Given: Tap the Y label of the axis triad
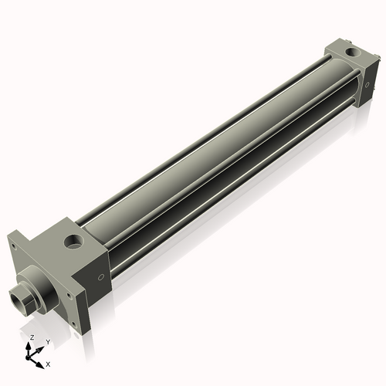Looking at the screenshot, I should (47, 342).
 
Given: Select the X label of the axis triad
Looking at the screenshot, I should (48, 363).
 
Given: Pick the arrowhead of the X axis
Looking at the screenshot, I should (41, 361).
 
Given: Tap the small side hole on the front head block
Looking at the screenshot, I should (100, 278).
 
